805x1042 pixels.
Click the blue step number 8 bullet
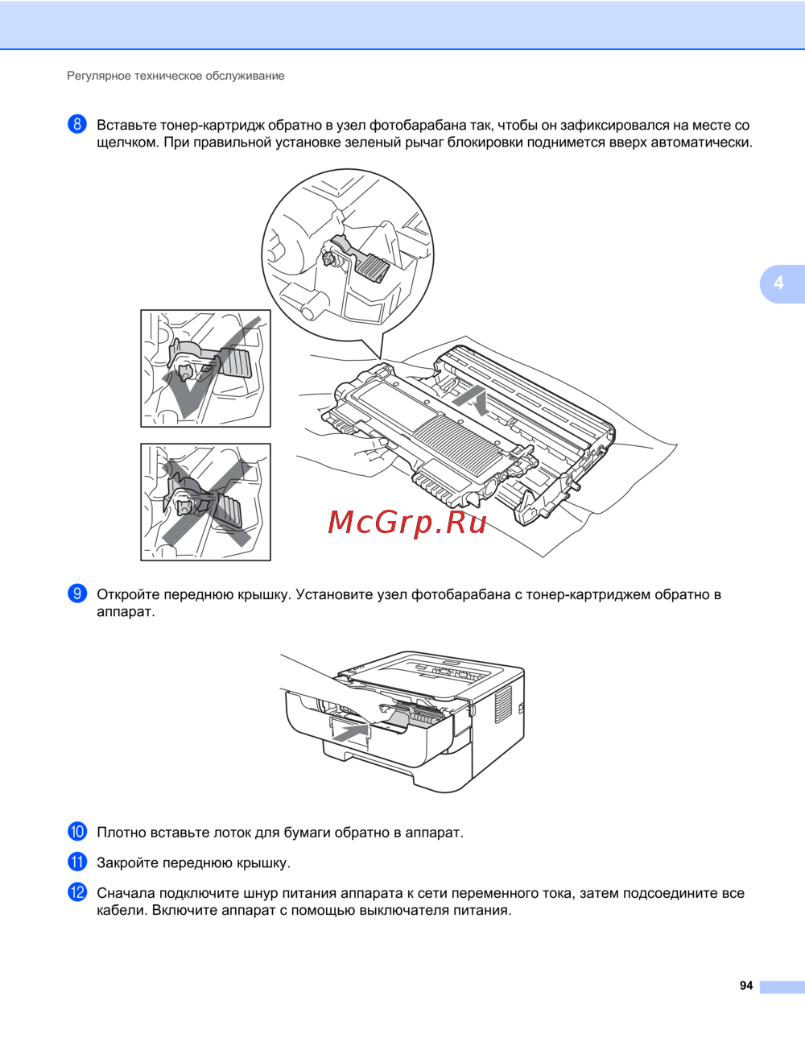[x=77, y=124]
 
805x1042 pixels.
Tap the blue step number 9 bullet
[x=77, y=593]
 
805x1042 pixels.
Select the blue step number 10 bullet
[x=77, y=832]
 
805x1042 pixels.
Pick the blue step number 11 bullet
[x=77, y=862]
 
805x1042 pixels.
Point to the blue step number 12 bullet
[x=77, y=892]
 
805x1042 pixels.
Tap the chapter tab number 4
[x=778, y=283]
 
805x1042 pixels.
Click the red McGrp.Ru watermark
[x=407, y=523]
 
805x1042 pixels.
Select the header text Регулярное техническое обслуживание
[x=175, y=76]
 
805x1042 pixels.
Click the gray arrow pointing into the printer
[x=351, y=734]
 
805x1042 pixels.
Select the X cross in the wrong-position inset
[x=206, y=502]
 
